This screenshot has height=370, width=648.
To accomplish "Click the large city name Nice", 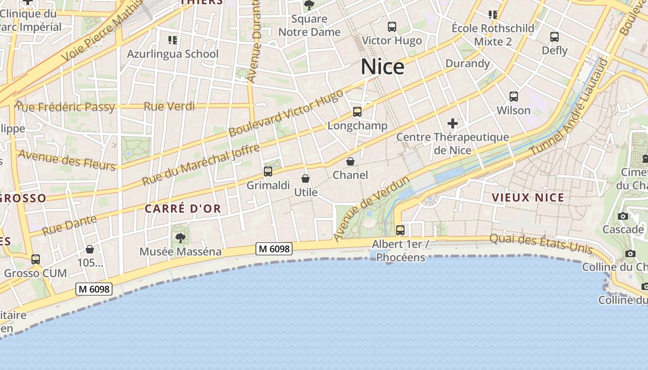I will (x=382, y=67).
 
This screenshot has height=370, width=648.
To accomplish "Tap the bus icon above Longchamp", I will (x=357, y=112).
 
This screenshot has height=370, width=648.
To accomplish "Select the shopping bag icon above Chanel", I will (x=350, y=161).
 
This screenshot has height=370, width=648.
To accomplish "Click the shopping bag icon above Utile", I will (x=305, y=179).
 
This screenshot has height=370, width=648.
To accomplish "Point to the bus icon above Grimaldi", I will (x=268, y=172).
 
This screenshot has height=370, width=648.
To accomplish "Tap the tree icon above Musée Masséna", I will (x=180, y=238).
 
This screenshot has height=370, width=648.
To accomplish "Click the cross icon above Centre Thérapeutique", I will (x=452, y=123).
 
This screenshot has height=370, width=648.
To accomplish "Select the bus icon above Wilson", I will (x=513, y=97).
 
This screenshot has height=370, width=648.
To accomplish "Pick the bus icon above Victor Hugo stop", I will (x=392, y=27).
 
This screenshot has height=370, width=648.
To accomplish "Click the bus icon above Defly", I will (x=554, y=37).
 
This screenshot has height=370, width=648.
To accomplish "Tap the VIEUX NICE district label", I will (x=528, y=197).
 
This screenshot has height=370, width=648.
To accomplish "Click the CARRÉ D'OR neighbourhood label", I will (x=183, y=209).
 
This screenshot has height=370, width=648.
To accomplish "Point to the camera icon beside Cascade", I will (x=623, y=216).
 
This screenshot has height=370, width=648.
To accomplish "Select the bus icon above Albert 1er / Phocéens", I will (x=400, y=230).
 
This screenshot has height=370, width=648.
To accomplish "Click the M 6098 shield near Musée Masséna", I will (x=274, y=249).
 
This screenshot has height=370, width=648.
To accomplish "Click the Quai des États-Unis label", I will (x=541, y=243).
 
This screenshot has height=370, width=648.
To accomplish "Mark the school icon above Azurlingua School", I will (x=173, y=40).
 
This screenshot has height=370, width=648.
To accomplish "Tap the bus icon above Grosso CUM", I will (x=36, y=259).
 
